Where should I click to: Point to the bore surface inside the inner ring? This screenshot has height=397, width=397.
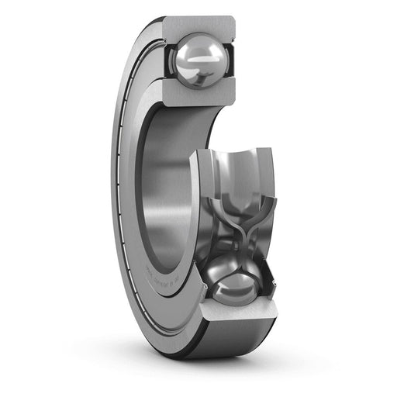[167, 178]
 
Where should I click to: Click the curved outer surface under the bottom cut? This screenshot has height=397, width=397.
[233, 345]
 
